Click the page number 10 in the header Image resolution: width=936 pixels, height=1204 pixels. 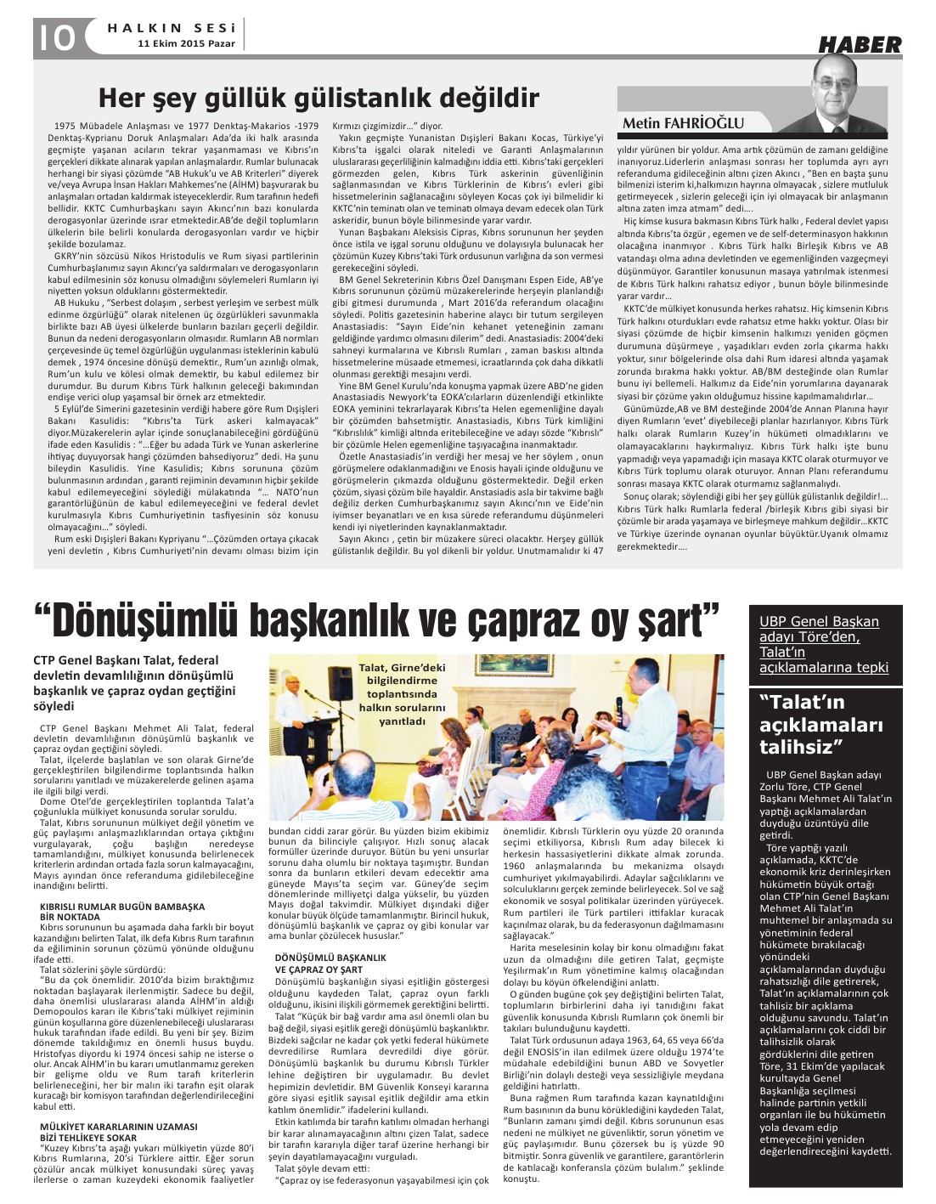coord(57,37)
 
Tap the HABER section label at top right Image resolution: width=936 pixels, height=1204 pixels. coord(860,46)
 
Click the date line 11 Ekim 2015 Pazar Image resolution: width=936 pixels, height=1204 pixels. coord(187,42)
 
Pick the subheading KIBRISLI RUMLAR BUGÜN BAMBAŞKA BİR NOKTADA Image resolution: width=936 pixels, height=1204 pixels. coord(122,911)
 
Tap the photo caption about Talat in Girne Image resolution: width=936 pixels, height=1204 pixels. coord(401,694)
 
